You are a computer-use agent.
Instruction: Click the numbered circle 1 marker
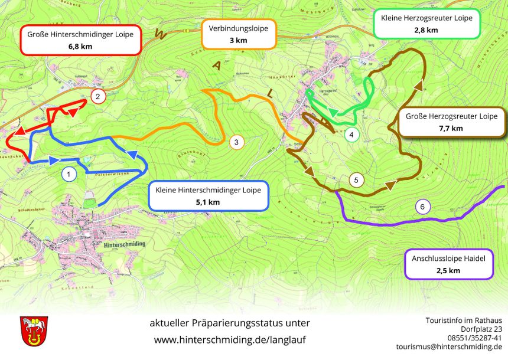tap(69, 174)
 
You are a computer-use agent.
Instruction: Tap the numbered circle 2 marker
tap(97, 96)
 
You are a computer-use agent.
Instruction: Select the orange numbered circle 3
tap(235, 142)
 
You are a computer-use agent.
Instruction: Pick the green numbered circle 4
tap(351, 135)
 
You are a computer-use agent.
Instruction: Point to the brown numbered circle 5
tap(356, 179)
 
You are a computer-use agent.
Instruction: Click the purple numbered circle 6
tap(422, 207)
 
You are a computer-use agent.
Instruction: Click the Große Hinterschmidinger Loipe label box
tap(80, 40)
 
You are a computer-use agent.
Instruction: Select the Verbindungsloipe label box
tap(239, 34)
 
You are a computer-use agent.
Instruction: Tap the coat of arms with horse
tap(34, 330)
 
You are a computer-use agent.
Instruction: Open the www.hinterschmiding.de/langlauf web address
tap(230, 340)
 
